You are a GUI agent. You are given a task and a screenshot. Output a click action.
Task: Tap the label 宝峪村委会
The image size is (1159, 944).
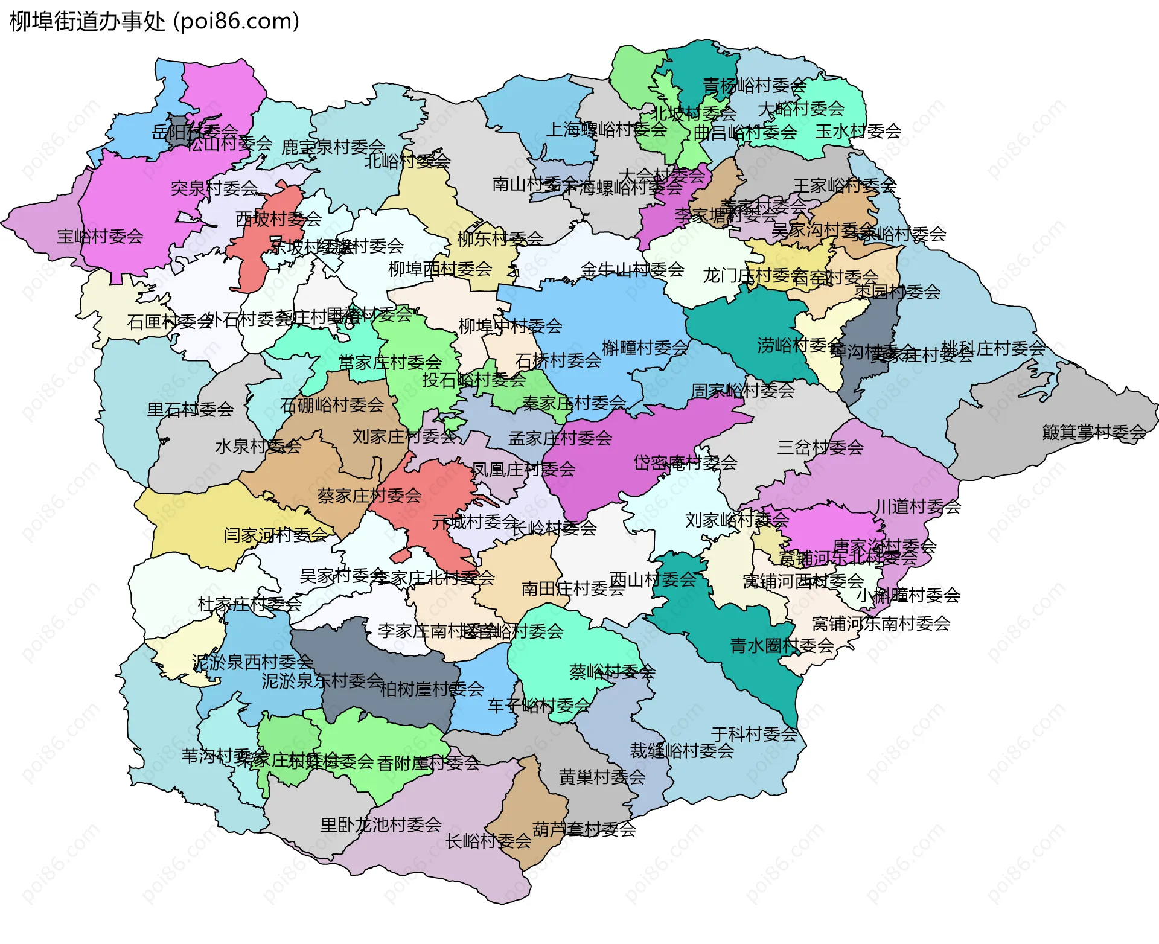click(x=100, y=237)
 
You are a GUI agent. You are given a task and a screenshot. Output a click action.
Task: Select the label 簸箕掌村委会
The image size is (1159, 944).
click(x=1094, y=432)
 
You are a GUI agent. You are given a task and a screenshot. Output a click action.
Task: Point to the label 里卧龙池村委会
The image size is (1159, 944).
click(x=381, y=824)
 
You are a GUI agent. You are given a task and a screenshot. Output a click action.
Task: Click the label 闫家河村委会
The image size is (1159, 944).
click(x=275, y=535)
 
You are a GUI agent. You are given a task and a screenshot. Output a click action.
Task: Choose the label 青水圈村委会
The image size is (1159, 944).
click(x=782, y=646)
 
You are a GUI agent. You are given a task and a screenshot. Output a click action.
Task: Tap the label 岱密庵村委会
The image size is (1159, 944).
click(x=685, y=463)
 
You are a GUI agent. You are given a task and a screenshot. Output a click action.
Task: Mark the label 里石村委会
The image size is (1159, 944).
click(x=190, y=410)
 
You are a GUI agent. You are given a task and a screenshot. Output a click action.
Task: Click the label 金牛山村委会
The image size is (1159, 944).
click(x=632, y=270)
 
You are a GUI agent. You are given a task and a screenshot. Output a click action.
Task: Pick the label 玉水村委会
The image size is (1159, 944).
click(x=858, y=132)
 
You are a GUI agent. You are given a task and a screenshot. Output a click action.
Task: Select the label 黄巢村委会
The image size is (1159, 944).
click(x=602, y=777)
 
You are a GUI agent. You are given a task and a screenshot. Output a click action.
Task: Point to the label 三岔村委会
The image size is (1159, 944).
click(x=820, y=448)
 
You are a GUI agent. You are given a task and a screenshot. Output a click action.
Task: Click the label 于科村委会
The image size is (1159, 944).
click(x=754, y=734)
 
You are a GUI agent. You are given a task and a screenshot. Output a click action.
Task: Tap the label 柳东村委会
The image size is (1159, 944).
click(x=500, y=238)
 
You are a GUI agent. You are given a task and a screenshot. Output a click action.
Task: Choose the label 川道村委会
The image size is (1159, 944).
click(x=918, y=506)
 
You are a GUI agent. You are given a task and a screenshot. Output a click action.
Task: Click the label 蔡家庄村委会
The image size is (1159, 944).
click(x=369, y=496)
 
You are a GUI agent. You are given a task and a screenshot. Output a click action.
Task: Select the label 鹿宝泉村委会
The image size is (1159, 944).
click(x=333, y=147)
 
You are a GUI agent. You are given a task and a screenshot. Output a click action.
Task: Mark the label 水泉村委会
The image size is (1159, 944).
click(x=258, y=447)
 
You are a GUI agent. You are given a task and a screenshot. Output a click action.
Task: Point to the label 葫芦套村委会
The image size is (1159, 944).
click(x=584, y=829)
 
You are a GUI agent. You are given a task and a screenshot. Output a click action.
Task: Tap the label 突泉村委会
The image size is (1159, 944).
click(x=214, y=188)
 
